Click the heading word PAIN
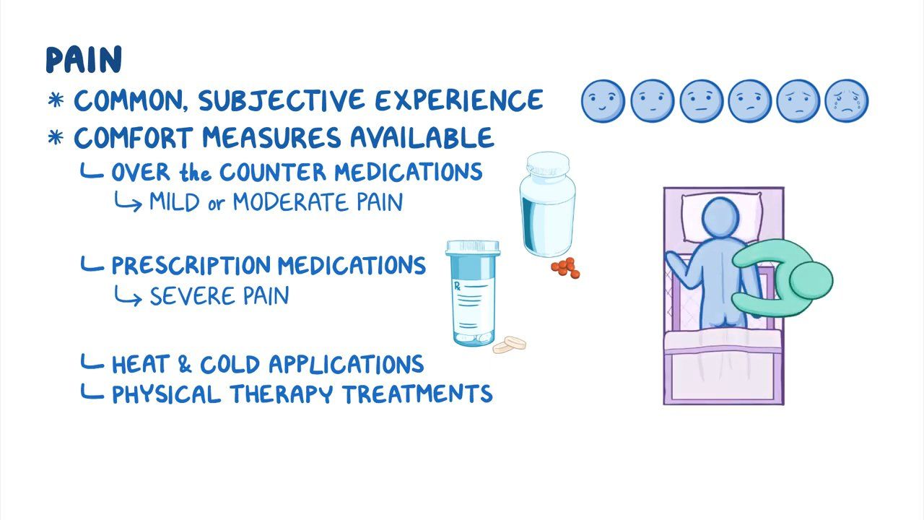(x=84, y=60)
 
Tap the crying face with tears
(x=847, y=101)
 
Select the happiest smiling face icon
(x=603, y=101)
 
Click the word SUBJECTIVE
(x=282, y=100)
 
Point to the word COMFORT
(x=134, y=137)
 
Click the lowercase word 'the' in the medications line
(x=195, y=172)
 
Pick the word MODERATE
(x=290, y=202)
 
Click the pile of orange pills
(x=565, y=267)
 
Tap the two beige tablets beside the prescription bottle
(x=510, y=345)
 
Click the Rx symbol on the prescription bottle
(x=457, y=286)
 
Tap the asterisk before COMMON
(x=56, y=100)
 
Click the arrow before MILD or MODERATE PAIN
(x=128, y=201)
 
